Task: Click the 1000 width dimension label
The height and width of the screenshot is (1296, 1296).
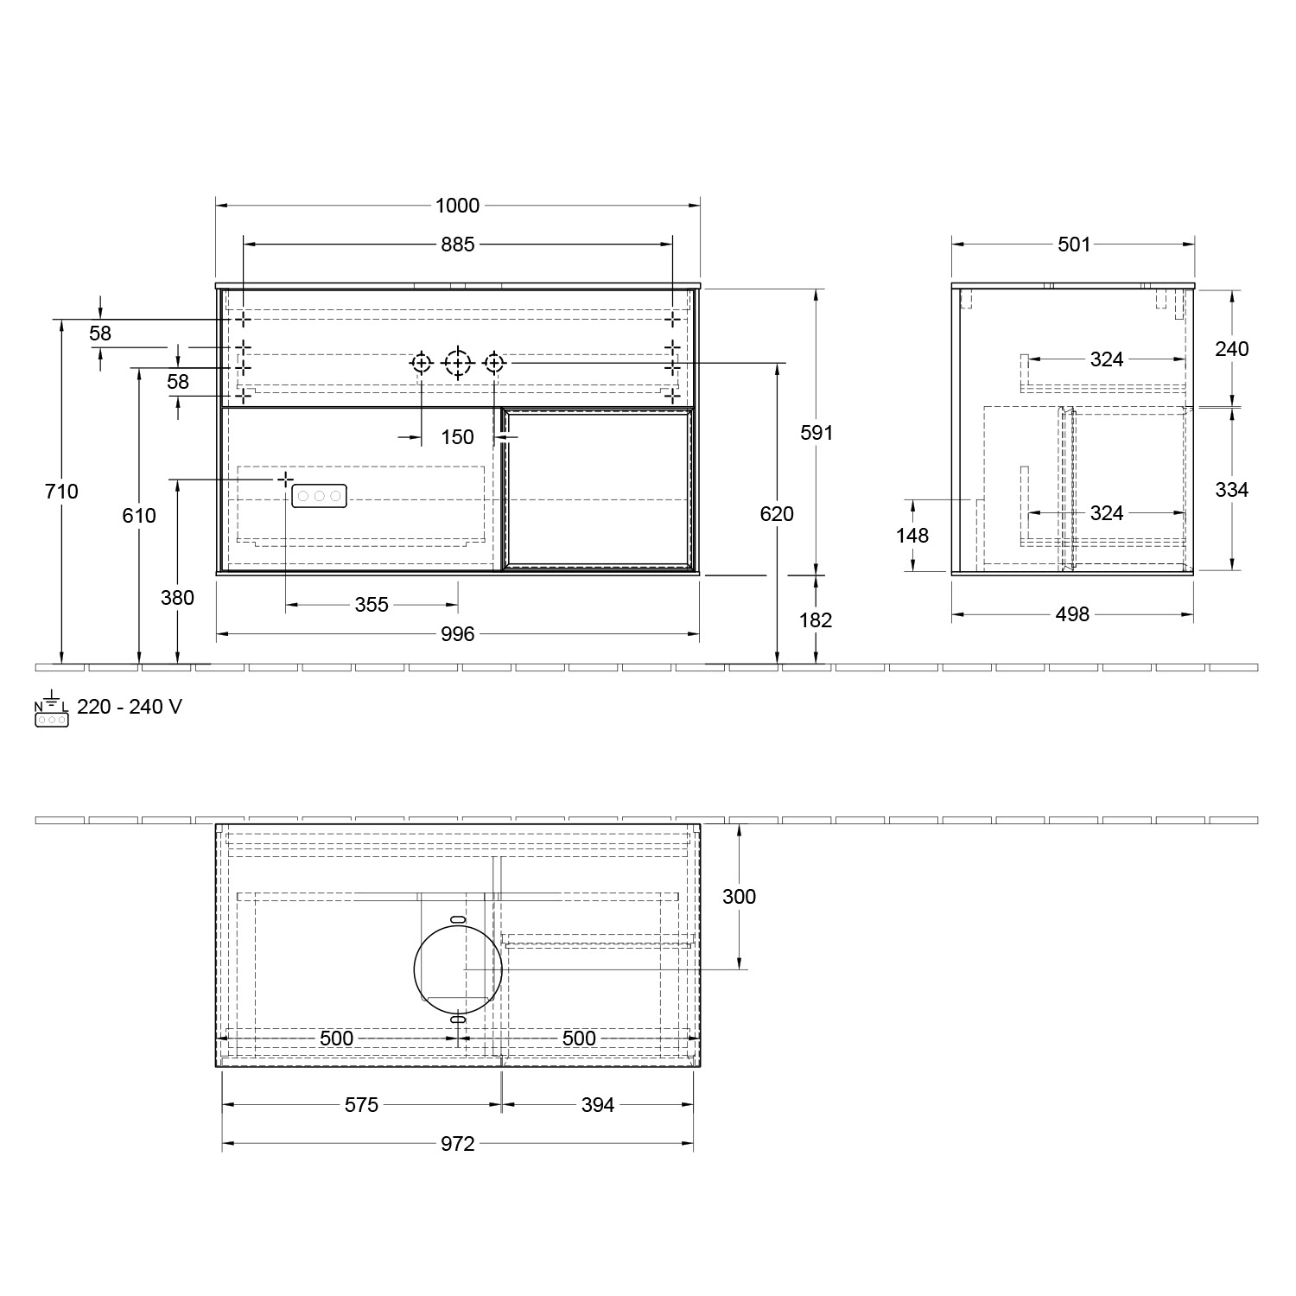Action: [457, 206]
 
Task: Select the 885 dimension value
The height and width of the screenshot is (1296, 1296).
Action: [457, 245]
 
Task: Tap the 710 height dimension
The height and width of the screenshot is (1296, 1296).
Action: [61, 492]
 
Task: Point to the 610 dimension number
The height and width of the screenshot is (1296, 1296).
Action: [139, 516]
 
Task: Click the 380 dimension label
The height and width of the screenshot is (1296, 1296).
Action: [177, 598]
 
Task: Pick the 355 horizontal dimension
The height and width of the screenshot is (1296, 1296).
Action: [372, 605]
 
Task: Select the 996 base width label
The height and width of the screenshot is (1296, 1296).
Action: [457, 634]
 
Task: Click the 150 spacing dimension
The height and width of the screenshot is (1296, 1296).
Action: [457, 437]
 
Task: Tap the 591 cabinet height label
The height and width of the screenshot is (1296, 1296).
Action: [816, 433]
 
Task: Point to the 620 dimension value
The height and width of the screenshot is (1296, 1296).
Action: [777, 514]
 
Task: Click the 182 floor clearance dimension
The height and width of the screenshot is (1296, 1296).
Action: [816, 620]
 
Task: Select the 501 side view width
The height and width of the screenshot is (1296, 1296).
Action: [1074, 245]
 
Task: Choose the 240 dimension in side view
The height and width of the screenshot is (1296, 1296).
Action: [1231, 349]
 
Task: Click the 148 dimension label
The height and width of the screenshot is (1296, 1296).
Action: [912, 536]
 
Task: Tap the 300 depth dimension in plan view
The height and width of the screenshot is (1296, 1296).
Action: [739, 897]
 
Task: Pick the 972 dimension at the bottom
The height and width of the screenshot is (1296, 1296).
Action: [457, 1144]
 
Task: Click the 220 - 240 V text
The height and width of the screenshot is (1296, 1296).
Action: [130, 707]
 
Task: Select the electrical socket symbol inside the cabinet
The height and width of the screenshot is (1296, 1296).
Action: [320, 496]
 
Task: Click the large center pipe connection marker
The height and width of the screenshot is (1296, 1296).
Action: [457, 364]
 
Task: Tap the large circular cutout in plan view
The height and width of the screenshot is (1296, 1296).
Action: [458, 969]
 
